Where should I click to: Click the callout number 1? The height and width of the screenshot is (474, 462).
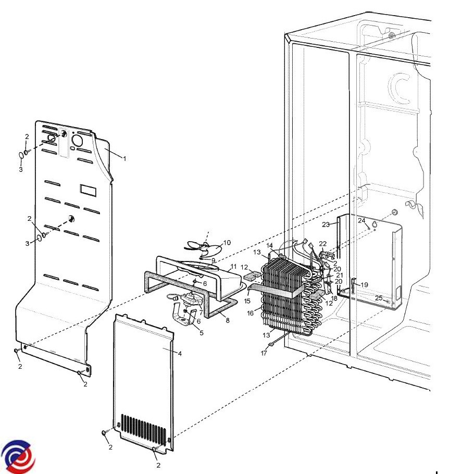tap(124, 158)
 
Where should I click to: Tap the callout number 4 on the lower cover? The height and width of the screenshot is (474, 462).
tap(180, 353)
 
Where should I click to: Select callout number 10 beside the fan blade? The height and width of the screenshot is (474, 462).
tap(227, 242)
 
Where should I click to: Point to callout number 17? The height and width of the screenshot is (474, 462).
tap(264, 353)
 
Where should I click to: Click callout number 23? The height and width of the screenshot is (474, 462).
tap(326, 224)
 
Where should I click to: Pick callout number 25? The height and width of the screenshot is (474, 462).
tap(379, 298)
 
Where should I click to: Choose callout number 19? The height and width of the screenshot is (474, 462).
tap(364, 285)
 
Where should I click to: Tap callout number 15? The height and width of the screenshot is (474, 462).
tap(247, 301)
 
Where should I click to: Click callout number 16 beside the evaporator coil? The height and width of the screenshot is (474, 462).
tap(251, 313)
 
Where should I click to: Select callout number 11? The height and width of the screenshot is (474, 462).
tap(233, 267)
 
